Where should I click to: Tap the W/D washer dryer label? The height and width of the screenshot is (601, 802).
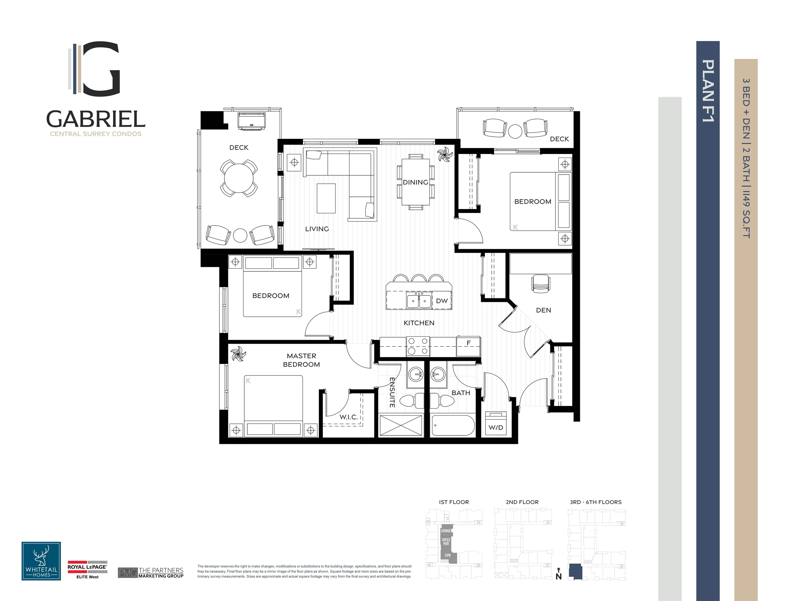tap(496, 427)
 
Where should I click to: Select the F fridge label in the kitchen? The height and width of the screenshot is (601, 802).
tap(468, 343)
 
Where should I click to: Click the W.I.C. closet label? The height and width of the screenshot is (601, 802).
tap(348, 417)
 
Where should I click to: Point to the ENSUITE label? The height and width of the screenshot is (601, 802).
tap(392, 392)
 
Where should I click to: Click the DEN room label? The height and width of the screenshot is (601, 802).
tap(543, 310)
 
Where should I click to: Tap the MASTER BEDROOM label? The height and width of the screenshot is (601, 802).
tap(301, 360)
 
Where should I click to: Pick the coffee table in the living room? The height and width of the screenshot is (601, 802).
tap(326, 198)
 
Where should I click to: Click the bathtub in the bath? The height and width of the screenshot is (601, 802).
tap(453, 425)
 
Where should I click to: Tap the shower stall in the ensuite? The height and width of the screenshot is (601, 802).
tap(401, 425)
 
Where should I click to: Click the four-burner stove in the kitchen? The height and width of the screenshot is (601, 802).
tap(418, 346)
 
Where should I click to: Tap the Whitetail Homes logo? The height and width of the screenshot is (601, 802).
tap(41, 561)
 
